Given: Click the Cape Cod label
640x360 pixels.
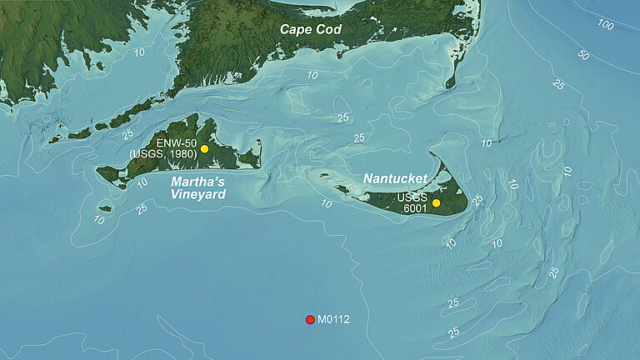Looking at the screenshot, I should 310,29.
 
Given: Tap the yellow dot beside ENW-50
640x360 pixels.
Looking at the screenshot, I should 204,148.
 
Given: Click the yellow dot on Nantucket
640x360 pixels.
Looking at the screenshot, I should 436,203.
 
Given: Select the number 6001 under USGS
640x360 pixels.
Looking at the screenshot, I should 411,209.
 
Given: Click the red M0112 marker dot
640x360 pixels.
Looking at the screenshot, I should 310,319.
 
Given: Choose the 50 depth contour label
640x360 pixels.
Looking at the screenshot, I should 583,56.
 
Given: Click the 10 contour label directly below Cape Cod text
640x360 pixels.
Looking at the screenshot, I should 312,76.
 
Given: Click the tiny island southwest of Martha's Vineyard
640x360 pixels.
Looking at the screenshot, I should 105,208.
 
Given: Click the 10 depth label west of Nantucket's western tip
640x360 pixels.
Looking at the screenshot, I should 327,203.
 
